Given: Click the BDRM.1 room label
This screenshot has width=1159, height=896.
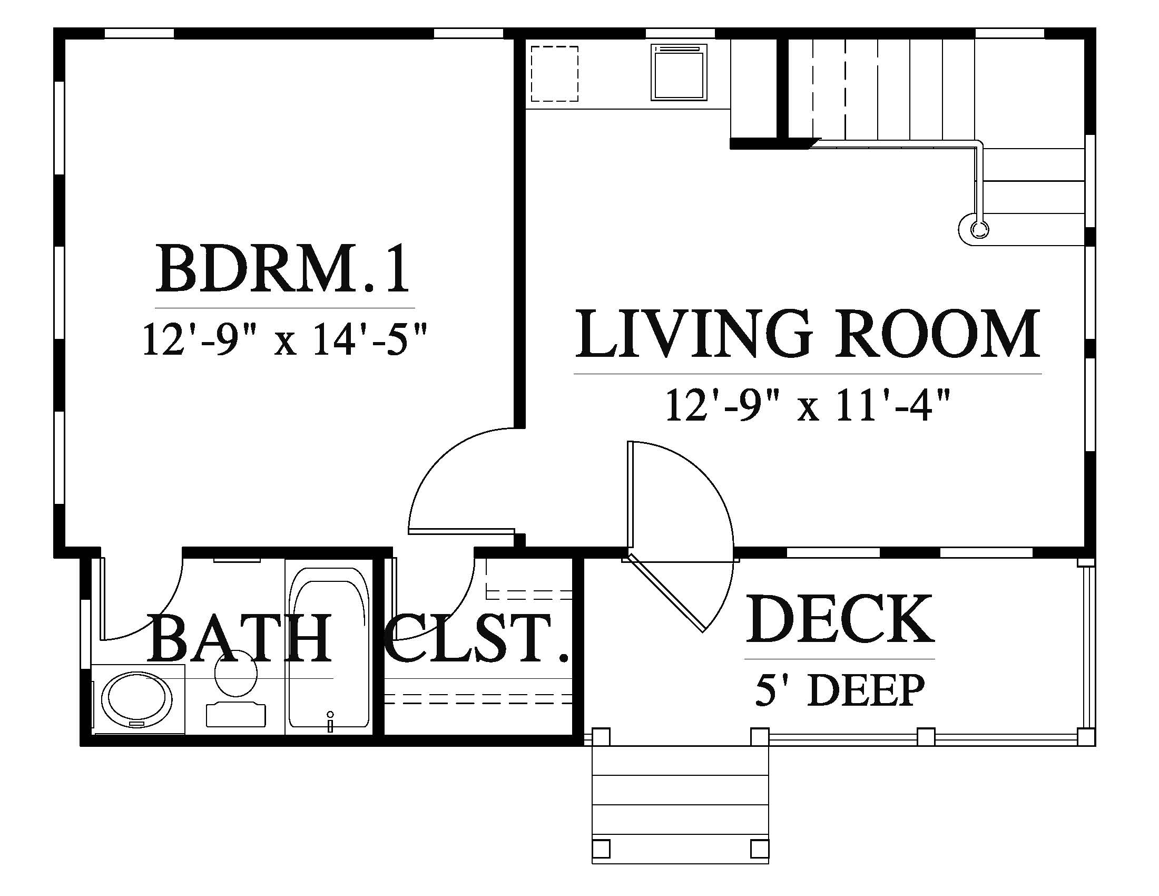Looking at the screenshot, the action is point(283,269).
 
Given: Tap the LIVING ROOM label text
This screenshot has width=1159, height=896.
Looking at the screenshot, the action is point(808,334).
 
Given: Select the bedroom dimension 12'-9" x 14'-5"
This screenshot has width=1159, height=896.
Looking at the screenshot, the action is point(284,340).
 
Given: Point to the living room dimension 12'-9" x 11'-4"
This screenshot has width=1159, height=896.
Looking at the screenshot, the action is point(807,405).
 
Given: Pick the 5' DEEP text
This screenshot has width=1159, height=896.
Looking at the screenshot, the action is point(840,689).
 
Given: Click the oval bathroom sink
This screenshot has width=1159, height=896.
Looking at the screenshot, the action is point(137,699).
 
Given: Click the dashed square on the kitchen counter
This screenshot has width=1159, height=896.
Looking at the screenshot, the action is point(555,73).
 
